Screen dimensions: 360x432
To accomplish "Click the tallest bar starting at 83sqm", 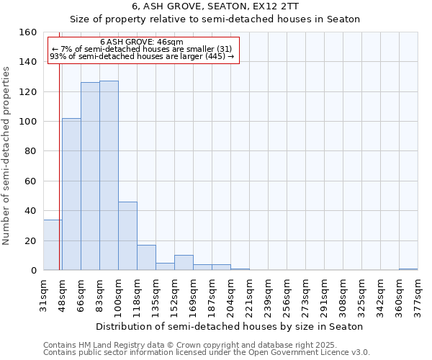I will [109, 176].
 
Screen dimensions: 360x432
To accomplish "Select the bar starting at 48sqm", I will [71, 194].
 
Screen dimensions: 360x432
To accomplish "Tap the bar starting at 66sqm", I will [90, 176].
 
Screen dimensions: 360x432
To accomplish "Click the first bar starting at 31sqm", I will [52, 245].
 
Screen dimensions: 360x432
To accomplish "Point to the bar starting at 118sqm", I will [146, 258].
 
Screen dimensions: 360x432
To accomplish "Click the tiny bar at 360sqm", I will [408, 269].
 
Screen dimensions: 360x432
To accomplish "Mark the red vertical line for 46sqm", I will [59, 180].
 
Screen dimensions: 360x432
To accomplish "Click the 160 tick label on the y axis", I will [28, 32].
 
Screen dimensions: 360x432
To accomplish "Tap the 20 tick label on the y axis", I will [31, 240].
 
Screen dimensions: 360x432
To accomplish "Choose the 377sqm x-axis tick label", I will [418, 293].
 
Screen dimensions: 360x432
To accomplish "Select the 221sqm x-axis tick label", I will [249, 293].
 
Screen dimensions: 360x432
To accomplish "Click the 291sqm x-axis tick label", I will [324, 293].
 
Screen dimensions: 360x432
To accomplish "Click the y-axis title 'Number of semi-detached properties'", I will [7, 151].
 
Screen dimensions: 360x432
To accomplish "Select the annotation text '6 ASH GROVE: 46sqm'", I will [142, 42].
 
